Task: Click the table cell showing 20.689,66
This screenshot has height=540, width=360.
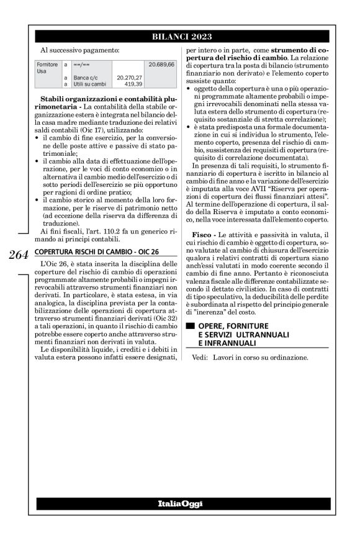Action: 161,65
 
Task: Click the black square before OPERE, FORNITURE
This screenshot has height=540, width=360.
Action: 191,326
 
